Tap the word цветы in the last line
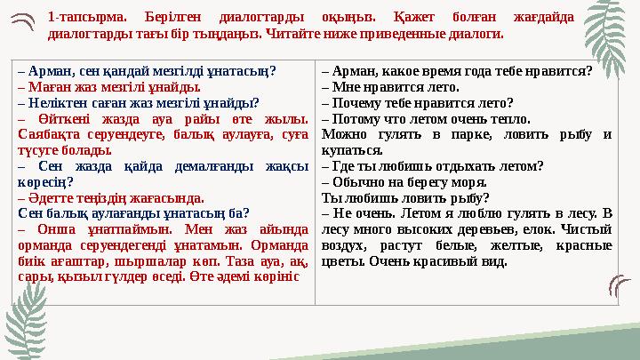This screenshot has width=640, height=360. point(341,261)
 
